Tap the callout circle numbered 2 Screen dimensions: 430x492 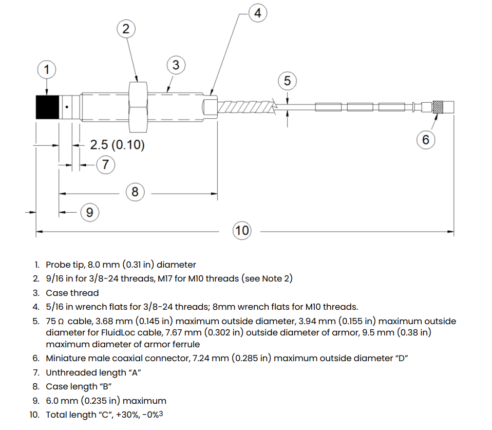(x=126, y=29)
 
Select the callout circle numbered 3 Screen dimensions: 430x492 (x=176, y=65)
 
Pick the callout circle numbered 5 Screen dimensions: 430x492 (x=287, y=81)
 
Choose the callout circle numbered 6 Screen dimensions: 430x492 (x=425, y=139)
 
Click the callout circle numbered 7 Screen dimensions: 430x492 (x=106, y=164)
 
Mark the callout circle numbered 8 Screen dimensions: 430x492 (x=135, y=193)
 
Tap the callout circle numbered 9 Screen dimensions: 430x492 (x=89, y=211)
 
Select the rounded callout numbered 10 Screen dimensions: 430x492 (x=242, y=231)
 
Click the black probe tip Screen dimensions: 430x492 (x=47, y=107)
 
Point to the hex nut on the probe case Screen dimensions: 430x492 (x=137, y=107)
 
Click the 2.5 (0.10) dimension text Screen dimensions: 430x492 (x=117, y=145)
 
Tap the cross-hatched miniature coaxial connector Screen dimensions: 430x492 (x=439, y=107)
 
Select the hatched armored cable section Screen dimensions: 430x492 (x=245, y=107)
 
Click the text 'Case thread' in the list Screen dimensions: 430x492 (x=72, y=293)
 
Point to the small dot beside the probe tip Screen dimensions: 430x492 (x=66, y=107)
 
